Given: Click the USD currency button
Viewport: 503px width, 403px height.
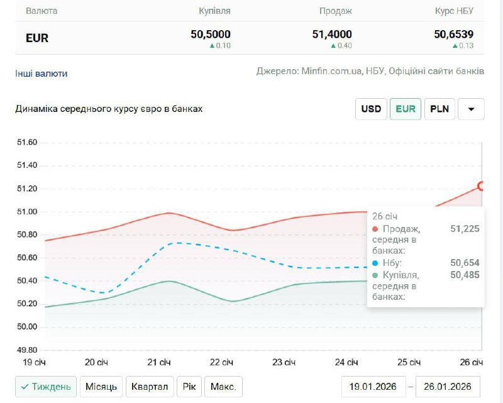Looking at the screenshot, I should (x=371, y=109).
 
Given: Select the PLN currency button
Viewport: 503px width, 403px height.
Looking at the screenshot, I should (x=439, y=109).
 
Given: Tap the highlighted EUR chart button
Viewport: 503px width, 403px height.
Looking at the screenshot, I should (x=406, y=109).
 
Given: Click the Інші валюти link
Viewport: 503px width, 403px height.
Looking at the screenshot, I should (x=41, y=74).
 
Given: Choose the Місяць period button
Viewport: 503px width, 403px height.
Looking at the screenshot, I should (x=101, y=386).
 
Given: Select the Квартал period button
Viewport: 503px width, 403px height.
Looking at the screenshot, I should (x=150, y=386).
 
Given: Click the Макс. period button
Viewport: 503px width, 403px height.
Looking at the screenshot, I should (x=223, y=386).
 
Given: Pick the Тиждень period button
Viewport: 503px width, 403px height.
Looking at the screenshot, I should (x=46, y=386).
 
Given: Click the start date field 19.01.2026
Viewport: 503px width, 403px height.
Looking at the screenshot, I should (x=373, y=386).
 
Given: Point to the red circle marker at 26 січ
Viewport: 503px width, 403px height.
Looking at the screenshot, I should (x=482, y=186).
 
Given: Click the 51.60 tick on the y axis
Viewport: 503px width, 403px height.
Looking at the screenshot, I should (x=26, y=143).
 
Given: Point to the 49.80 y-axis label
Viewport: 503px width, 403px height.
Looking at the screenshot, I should (x=26, y=350).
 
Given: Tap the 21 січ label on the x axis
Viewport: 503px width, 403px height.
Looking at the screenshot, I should (x=159, y=363).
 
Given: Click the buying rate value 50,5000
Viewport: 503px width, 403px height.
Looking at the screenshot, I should (x=211, y=35).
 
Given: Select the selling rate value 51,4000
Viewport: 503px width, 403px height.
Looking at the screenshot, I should (x=332, y=35).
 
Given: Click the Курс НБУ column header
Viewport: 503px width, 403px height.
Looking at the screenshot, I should (x=454, y=11).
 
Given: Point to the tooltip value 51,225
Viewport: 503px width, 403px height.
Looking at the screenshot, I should (x=465, y=229).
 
